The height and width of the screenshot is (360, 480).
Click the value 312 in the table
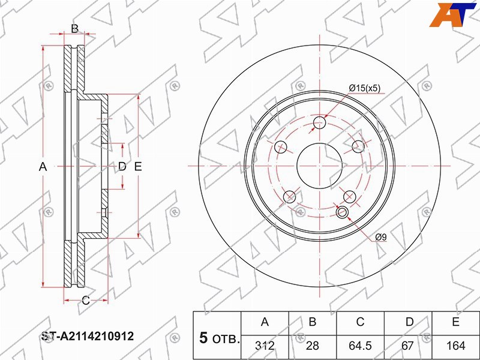tap(265, 346)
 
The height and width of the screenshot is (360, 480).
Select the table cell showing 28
tap(312, 346)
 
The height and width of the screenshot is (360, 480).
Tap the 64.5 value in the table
tap(361, 346)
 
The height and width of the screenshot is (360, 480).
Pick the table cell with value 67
tap(408, 346)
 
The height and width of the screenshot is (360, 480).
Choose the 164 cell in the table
tap(456, 346)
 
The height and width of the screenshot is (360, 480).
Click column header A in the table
tap(265, 322)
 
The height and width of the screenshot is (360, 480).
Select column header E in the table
tap(456, 322)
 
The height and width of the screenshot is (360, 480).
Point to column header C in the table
tap(361, 322)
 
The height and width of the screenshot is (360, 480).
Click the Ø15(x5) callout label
tap(365, 88)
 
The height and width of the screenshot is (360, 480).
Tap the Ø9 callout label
tap(381, 236)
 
